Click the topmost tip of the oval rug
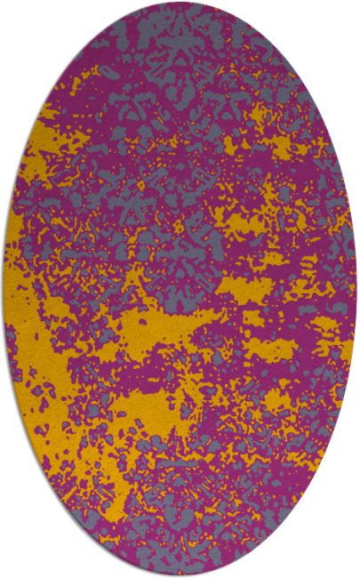180,3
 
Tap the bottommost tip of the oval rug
180,575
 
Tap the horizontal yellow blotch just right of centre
244,285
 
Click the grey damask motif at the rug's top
178,36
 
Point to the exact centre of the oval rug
180,289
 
